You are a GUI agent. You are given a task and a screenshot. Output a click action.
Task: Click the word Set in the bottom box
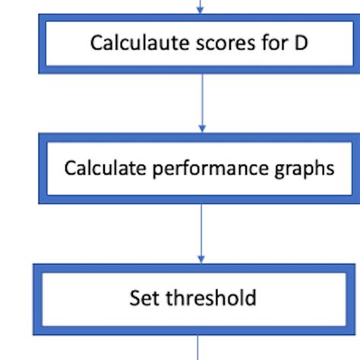click(144, 298)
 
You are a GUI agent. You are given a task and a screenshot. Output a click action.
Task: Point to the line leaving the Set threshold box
click(198, 348)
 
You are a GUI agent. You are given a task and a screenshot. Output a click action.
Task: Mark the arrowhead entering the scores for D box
click(200, 11)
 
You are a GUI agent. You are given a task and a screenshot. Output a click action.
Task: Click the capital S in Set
click(134, 298)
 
